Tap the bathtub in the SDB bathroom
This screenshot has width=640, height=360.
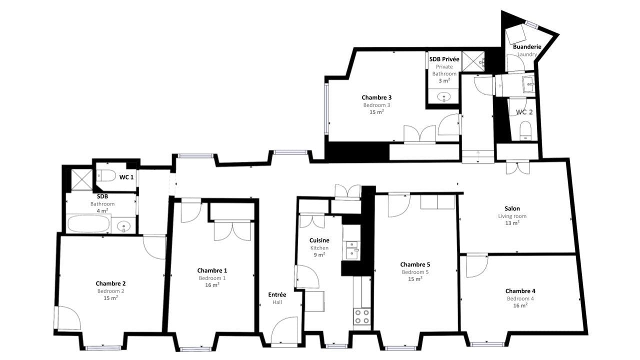pos(88,224)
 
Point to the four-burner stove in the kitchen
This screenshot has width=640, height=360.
pos(362,316)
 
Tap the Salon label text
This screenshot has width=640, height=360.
pos(512,208)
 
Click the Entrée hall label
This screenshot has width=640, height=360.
pos(277,294)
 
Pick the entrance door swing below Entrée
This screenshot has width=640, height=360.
pos(283,330)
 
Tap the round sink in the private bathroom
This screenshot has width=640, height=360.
pos(443,97)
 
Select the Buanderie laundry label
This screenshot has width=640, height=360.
pos(527,47)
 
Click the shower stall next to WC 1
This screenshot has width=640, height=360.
pos(80,179)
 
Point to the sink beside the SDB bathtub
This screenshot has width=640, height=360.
pos(123,226)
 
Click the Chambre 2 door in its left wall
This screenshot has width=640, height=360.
pos(65,318)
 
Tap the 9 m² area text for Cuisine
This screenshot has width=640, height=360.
pos(319,254)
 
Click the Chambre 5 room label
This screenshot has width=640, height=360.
pos(415,264)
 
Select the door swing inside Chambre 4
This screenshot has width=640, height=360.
pos(476,266)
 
